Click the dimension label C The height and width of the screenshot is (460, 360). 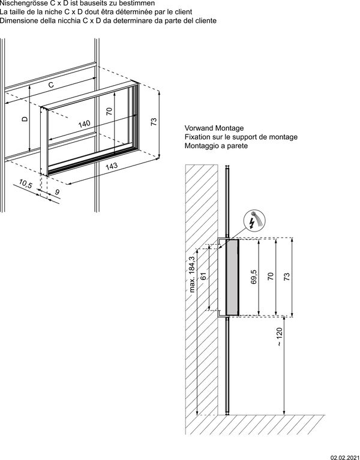[x=51, y=85]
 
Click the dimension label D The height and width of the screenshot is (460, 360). [x=25, y=119]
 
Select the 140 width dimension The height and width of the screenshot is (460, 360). [x=84, y=124]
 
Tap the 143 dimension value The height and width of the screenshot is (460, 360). [x=111, y=166]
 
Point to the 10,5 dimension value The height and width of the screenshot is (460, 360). [x=25, y=184]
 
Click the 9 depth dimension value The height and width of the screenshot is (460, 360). [x=57, y=192]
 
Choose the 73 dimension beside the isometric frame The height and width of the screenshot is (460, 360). [x=154, y=122]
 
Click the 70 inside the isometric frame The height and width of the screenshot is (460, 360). [x=109, y=111]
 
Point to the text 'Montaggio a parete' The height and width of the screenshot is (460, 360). [x=217, y=146]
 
